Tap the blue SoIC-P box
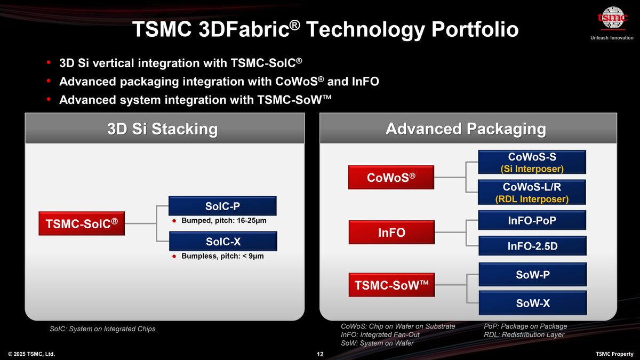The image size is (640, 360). click(222, 206)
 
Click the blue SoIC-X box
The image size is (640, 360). click(222, 242)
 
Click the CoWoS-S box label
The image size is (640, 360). click(532, 156)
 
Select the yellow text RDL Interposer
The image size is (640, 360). click(532, 199)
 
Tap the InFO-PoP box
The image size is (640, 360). click(532, 220)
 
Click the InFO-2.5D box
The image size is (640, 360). click(532, 246)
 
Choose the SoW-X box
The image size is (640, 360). click(532, 303)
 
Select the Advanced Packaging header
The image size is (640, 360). click(466, 129)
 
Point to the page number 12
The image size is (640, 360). click(320, 354)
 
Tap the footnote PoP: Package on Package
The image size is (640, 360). click(525, 326)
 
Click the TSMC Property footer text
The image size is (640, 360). click(614, 354)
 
